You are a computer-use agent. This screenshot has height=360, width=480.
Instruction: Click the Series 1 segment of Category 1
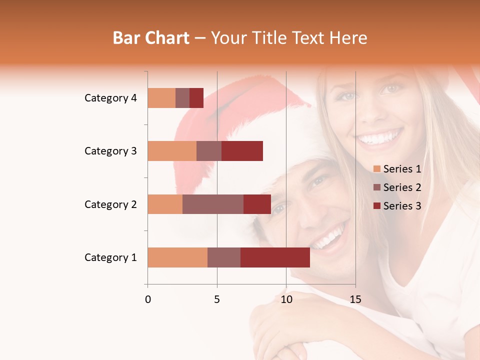177,257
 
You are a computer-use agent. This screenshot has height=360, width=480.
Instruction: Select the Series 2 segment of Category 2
213,204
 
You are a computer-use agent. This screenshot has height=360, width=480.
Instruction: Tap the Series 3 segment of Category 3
242,151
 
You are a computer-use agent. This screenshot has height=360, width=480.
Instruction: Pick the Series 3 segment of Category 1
275,257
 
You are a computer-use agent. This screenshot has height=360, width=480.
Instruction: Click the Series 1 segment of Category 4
161,98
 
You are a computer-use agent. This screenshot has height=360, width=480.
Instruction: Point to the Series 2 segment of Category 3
209,151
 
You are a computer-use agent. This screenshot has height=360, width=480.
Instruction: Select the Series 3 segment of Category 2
257,204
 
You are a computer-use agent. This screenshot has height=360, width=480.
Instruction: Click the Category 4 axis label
110,98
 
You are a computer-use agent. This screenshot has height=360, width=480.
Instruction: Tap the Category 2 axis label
110,204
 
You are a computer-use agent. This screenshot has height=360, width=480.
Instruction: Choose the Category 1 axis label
110,257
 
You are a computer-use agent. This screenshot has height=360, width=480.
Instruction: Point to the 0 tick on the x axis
148,299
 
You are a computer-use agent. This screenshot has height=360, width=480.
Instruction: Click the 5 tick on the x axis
217,299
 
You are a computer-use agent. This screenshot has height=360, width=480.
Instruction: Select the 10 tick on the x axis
286,299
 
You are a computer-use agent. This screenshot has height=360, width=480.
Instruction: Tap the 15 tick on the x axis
355,299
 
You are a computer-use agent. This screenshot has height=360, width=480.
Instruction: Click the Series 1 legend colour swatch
376,169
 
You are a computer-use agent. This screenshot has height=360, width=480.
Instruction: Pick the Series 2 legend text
402,187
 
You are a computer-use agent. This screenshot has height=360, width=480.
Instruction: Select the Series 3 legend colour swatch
376,206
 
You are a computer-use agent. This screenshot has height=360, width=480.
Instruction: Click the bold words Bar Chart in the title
151,38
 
